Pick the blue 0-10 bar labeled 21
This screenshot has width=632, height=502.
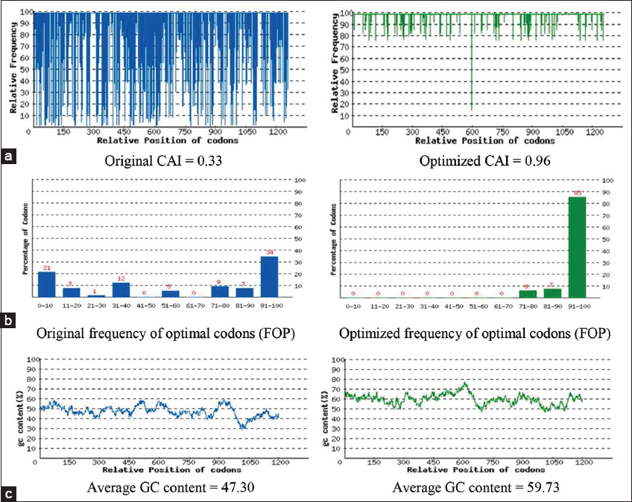pos(47,284)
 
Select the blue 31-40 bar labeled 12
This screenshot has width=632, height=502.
pos(121,289)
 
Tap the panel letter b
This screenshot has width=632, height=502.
pos(8,321)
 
